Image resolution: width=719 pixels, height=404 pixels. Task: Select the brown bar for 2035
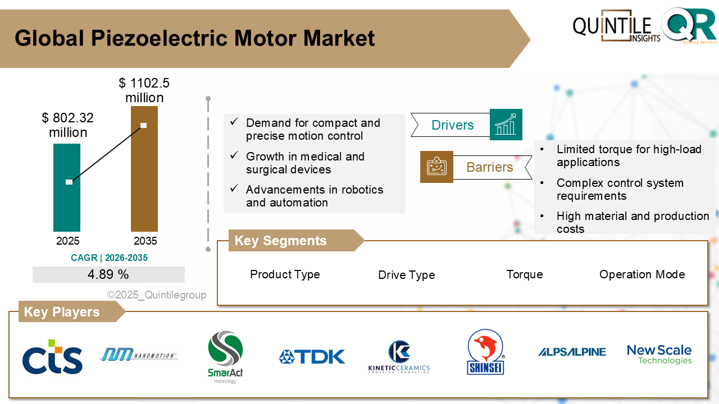144,180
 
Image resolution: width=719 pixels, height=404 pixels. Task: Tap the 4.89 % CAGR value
108,274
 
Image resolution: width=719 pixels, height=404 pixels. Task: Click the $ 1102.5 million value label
144,90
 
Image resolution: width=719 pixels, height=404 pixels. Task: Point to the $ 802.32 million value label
67,125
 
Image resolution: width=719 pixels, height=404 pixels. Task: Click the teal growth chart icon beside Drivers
506,125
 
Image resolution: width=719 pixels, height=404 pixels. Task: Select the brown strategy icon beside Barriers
436,167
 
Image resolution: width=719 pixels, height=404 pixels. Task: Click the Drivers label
452,125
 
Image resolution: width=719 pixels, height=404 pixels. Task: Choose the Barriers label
490,167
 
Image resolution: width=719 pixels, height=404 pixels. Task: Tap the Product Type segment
285,274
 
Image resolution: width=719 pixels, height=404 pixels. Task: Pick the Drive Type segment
406,275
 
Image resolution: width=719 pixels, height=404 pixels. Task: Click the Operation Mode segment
642,274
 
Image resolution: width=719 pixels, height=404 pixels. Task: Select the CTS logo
52,357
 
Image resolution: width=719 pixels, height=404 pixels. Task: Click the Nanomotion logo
138,355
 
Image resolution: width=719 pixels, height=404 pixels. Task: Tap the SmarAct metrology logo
225,357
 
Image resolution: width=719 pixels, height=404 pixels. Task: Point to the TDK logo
312,357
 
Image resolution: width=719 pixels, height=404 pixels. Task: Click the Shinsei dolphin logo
486,352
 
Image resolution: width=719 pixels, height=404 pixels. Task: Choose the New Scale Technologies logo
659,355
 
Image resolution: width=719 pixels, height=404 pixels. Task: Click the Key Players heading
62,312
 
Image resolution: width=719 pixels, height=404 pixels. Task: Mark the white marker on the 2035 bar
144,125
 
